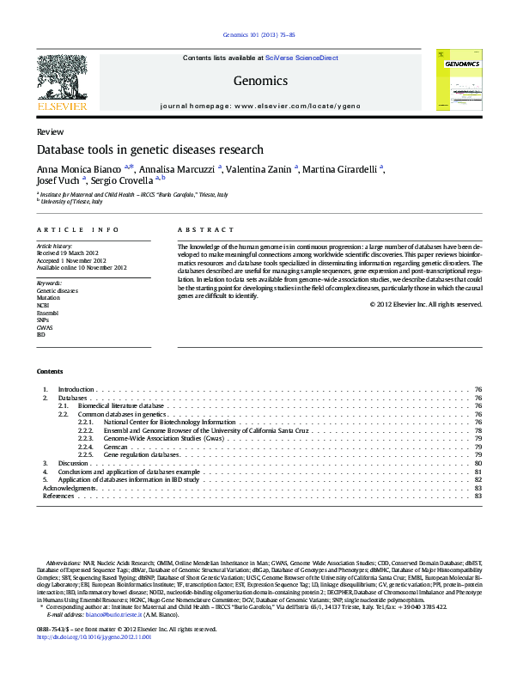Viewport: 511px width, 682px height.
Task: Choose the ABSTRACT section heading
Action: (x=205, y=230)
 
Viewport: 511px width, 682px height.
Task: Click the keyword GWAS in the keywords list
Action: (x=45, y=326)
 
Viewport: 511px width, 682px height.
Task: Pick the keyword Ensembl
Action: (x=48, y=314)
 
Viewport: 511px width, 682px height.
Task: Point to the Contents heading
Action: (x=50, y=371)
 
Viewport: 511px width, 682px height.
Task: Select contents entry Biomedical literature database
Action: (x=120, y=405)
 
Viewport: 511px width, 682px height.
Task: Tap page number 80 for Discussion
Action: (x=478, y=464)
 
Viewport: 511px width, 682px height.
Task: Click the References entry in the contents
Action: (x=58, y=496)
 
